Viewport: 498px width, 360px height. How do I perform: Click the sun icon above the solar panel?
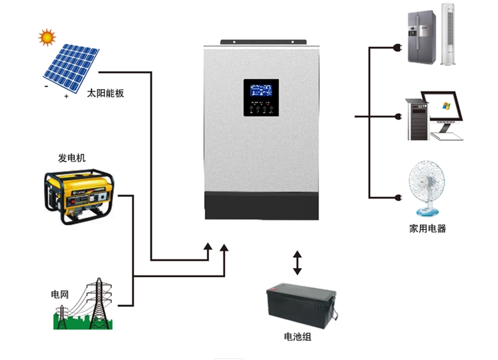(x=47, y=37)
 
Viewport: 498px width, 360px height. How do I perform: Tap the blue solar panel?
(x=71, y=68)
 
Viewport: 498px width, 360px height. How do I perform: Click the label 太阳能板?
(x=105, y=93)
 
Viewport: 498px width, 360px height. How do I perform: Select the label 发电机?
(x=72, y=158)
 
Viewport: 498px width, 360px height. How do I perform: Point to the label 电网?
(x=60, y=294)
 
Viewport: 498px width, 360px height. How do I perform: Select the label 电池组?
(x=298, y=336)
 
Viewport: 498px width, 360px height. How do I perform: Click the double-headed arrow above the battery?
(x=297, y=263)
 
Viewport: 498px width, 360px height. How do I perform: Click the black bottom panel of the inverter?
(x=262, y=206)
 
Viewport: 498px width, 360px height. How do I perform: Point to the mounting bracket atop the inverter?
(x=263, y=41)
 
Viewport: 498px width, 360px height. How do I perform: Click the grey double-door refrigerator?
(x=422, y=37)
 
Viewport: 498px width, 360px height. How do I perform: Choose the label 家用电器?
(x=427, y=228)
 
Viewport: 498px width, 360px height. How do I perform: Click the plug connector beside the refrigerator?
(x=398, y=48)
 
